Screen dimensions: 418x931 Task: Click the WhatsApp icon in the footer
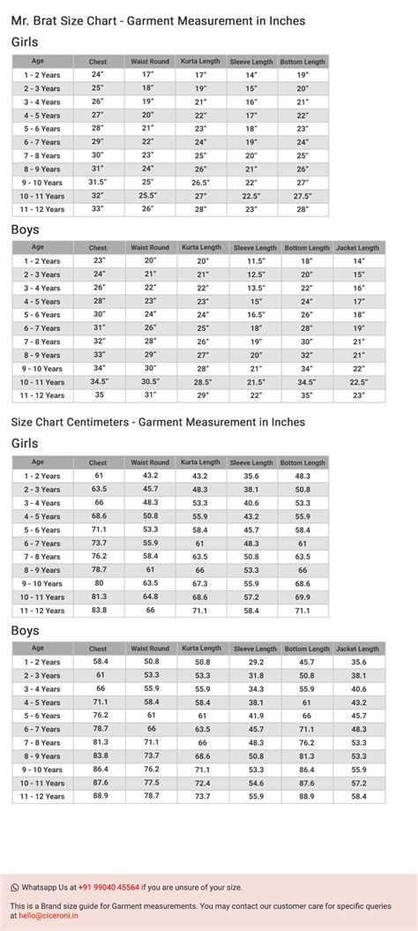15,887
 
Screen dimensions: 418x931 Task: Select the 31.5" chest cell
98,182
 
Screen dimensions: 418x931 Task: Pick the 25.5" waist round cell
147,195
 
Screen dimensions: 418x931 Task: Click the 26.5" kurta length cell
201,182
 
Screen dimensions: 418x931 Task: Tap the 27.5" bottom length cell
302,195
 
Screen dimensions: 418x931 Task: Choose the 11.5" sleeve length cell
256,261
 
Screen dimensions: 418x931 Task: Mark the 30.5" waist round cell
150,381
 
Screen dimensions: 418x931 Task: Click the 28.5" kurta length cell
202,381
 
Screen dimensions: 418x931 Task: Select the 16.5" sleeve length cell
256,314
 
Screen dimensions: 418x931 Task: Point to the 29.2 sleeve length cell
256,661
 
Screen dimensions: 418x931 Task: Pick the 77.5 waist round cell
151,782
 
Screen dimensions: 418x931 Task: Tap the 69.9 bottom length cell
302,597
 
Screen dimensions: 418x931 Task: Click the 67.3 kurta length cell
200,583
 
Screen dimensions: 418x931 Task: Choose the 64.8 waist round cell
150,597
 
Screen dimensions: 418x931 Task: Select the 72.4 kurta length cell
203,782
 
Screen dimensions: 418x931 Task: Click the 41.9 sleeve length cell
256,715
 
